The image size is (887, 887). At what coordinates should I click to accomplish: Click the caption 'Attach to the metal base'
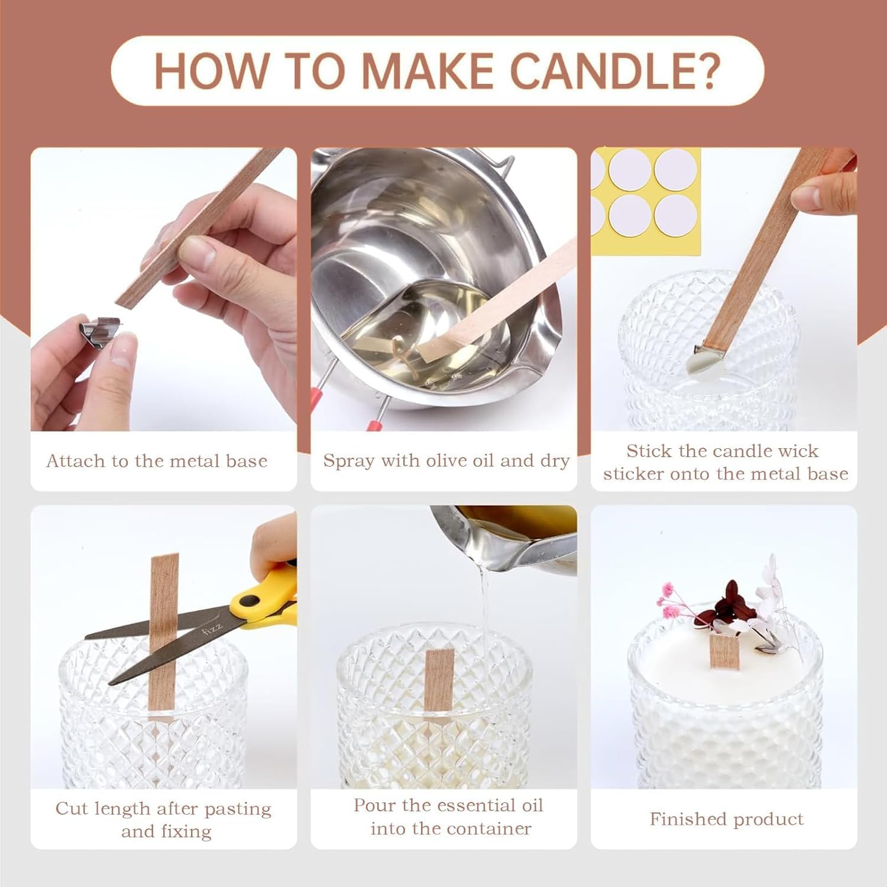tap(157, 461)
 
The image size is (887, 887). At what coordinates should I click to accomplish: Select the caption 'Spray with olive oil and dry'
tap(446, 461)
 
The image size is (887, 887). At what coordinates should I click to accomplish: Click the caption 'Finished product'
tap(727, 819)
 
